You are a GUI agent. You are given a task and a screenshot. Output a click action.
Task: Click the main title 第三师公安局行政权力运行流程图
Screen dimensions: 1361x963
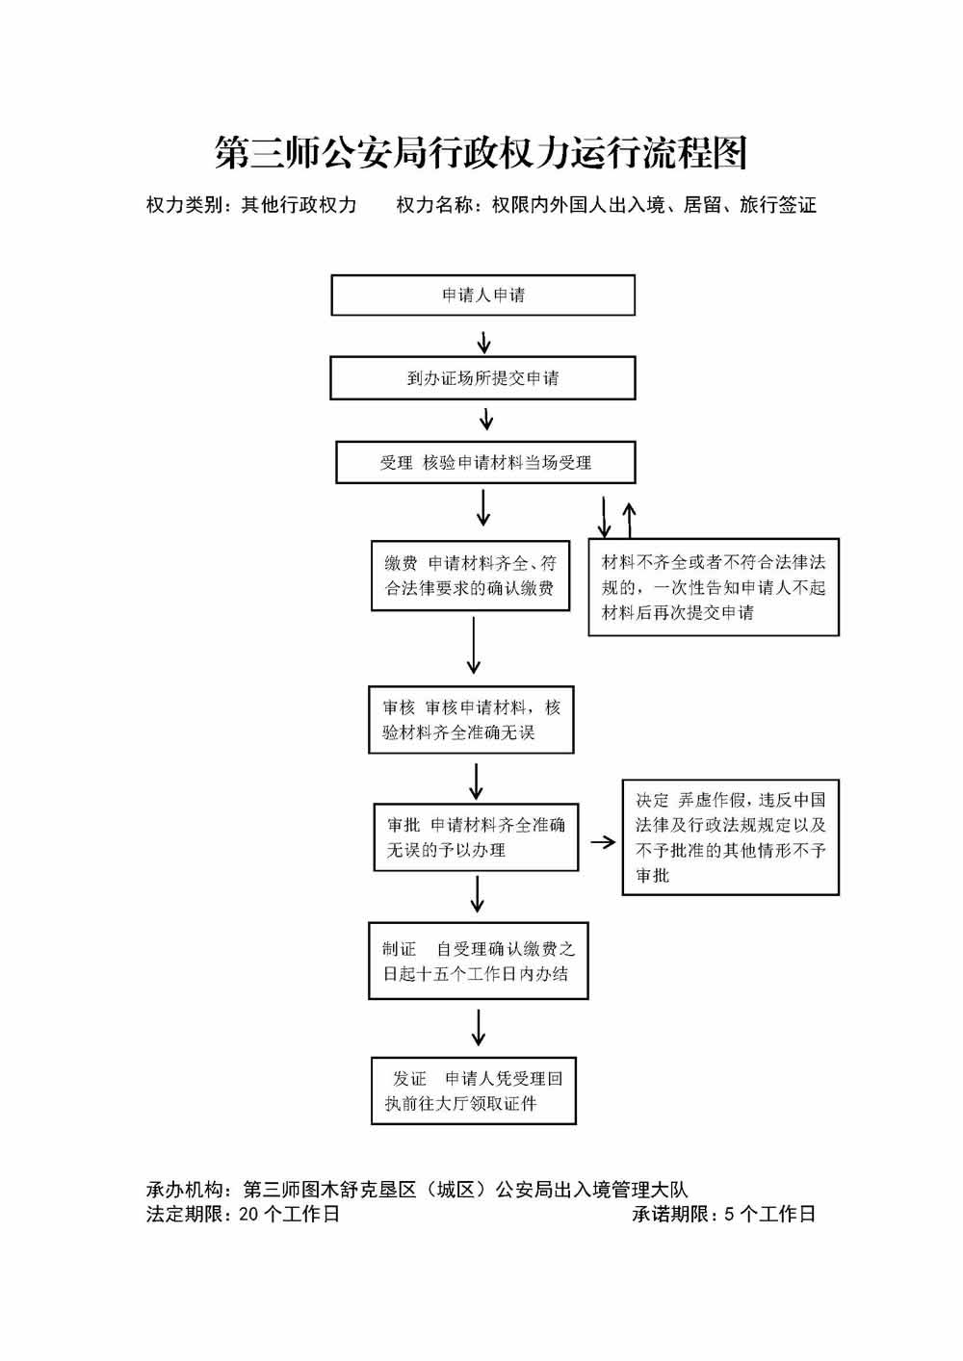click(481, 153)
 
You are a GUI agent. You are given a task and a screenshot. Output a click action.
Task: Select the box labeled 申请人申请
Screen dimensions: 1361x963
click(482, 295)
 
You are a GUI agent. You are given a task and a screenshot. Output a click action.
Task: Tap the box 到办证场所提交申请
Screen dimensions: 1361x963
click(482, 378)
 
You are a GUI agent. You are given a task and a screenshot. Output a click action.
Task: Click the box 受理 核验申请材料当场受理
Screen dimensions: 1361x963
click(485, 463)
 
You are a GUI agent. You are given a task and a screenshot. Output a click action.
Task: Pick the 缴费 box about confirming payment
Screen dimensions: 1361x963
click(470, 576)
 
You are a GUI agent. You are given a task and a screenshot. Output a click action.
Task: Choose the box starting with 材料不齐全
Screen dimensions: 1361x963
click(714, 587)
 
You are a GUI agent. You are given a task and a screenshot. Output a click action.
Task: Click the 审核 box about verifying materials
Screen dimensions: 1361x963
click(471, 720)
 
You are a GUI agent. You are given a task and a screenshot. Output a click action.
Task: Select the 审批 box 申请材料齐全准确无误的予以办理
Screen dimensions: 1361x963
click(476, 837)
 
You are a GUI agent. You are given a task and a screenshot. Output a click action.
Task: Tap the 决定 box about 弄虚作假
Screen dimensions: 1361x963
click(730, 837)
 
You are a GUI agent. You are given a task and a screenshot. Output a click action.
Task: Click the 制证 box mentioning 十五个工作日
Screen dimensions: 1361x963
click(478, 961)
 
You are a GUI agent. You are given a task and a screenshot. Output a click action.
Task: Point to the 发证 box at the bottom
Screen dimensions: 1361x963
click(473, 1091)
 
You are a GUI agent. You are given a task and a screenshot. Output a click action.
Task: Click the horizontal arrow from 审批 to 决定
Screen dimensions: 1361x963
click(603, 842)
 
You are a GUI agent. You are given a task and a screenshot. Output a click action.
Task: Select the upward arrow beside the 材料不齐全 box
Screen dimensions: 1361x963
click(629, 519)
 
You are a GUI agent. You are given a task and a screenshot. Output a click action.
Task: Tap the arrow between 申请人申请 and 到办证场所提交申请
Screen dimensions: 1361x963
click(484, 342)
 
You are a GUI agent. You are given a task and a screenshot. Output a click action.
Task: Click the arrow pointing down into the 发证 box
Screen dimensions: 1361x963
click(478, 1028)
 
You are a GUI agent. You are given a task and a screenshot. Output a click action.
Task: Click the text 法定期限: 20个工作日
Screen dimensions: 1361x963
click(243, 1214)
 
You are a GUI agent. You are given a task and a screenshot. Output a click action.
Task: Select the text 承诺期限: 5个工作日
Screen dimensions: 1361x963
click(723, 1214)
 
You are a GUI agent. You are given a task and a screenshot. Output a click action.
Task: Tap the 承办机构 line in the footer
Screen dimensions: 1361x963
click(417, 1190)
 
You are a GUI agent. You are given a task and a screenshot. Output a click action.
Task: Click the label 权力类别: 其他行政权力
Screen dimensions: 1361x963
click(251, 205)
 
